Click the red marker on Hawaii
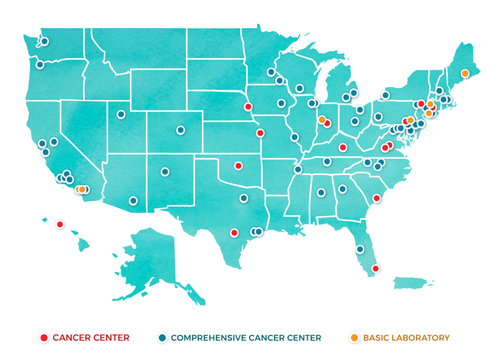click(60, 224)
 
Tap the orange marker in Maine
click(465, 73)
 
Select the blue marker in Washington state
click(44, 41)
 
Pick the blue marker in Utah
click(121, 114)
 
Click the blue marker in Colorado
click(180, 130)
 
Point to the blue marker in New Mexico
click(165, 172)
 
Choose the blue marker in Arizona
click(133, 201)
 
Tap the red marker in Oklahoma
click(238, 165)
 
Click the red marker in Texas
click(234, 232)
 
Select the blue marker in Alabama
click(321, 193)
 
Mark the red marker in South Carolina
click(376, 198)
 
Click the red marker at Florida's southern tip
click(375, 268)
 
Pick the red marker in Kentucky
click(342, 147)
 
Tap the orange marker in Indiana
click(321, 120)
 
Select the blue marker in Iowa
click(281, 103)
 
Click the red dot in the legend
click(44, 337)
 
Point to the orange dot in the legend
click(354, 337)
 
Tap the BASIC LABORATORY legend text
click(406, 337)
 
